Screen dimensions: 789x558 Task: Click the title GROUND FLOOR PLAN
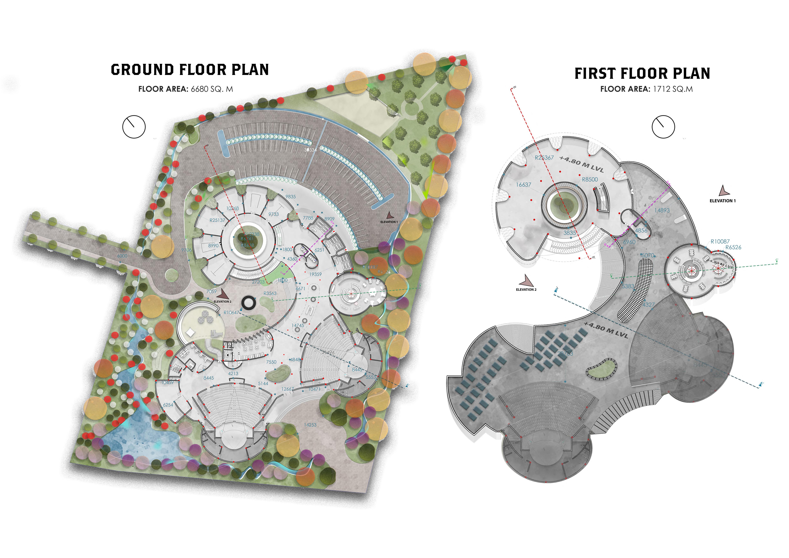(x=190, y=70)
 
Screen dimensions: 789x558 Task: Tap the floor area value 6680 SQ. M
(x=212, y=89)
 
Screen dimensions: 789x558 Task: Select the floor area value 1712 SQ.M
(x=673, y=89)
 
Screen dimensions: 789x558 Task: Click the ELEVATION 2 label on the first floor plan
(x=526, y=289)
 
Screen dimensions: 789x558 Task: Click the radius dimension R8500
(x=590, y=179)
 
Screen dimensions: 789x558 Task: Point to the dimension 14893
(x=662, y=210)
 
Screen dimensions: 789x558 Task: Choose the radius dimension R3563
(x=270, y=293)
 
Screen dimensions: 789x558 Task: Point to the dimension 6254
(x=168, y=405)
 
